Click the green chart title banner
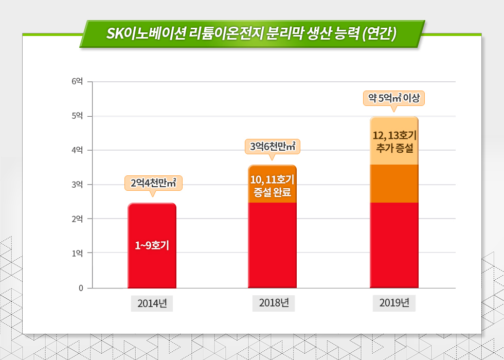[251, 34]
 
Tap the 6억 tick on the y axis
[78, 81]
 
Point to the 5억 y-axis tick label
[78, 116]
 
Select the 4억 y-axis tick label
[78, 150]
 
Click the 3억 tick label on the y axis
[78, 184]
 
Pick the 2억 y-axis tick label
[78, 219]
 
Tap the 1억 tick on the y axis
[78, 253]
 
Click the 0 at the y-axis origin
[81, 288]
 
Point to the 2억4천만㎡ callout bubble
[153, 183]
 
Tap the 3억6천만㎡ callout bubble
[273, 146]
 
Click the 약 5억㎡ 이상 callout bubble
[394, 98]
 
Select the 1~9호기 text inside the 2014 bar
[152, 245]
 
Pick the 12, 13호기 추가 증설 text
[394, 141]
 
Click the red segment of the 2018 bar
[273, 244]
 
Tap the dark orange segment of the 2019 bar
[394, 184]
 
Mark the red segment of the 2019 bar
[394, 244]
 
